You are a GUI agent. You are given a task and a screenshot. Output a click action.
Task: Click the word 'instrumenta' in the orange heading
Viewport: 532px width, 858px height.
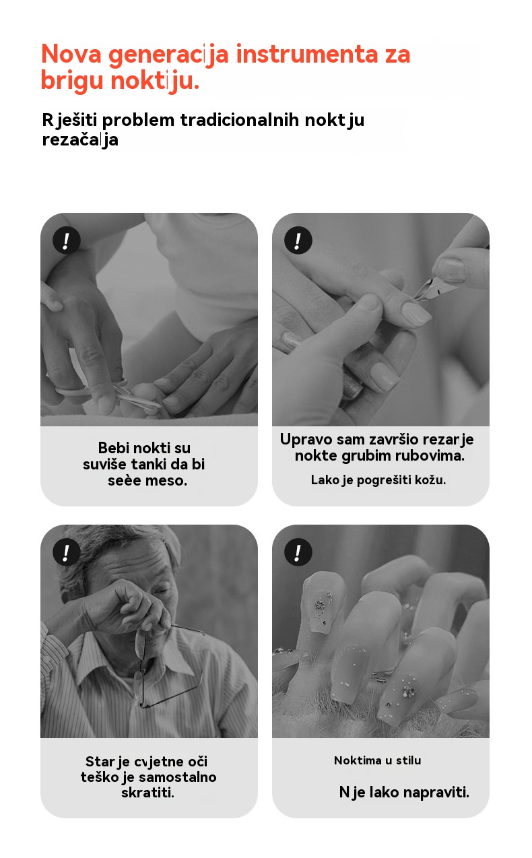point(307,54)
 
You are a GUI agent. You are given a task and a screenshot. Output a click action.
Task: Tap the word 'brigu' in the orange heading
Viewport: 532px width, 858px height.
point(72,81)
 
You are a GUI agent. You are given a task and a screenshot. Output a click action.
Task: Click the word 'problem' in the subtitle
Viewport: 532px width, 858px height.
point(138,121)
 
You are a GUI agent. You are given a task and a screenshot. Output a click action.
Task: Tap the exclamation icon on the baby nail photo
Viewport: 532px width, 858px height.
point(67,240)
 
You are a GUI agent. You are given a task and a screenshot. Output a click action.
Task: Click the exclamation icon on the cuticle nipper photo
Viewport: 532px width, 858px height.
point(298,240)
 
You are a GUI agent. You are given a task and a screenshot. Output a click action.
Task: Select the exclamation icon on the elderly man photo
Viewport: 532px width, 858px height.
point(67,552)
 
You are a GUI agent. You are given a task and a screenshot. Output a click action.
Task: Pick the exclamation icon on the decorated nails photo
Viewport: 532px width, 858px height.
point(298,552)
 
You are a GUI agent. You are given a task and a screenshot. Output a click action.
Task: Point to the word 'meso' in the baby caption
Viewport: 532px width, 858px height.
point(166,481)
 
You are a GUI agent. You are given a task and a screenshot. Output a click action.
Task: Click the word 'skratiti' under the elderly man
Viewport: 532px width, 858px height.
point(148,793)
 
